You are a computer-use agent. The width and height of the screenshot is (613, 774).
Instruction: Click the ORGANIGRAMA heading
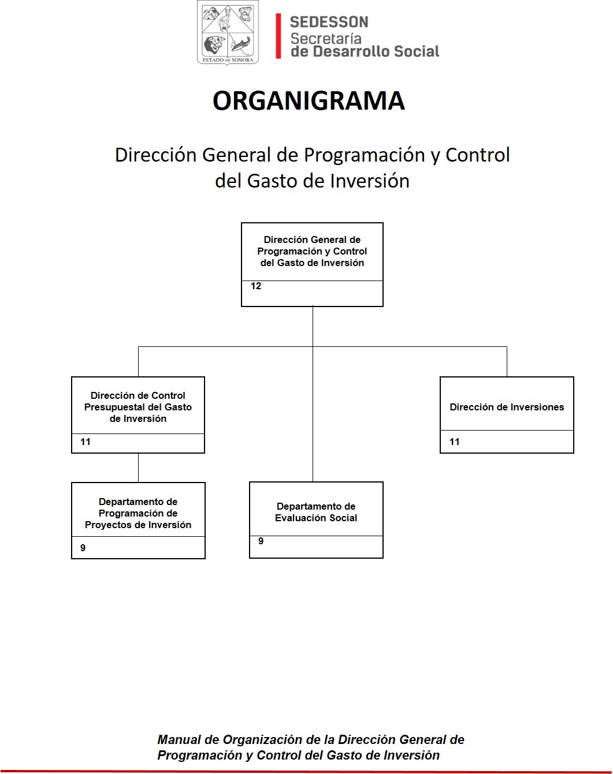(x=309, y=100)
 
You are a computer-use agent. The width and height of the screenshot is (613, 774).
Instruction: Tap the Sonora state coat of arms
(x=228, y=32)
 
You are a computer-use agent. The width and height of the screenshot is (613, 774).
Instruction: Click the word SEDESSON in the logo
(x=329, y=22)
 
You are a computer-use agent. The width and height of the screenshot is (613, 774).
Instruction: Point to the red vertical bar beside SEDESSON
(x=278, y=36)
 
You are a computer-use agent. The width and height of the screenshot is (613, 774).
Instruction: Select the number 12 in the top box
(x=256, y=286)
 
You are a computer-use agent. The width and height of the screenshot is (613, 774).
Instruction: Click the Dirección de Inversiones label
(x=507, y=407)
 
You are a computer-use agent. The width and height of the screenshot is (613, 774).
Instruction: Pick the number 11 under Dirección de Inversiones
(x=455, y=442)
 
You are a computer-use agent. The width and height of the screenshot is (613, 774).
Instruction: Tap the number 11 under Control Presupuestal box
(x=86, y=442)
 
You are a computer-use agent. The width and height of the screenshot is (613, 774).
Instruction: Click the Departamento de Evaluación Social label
(x=316, y=512)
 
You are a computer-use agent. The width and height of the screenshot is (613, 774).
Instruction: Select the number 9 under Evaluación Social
(x=261, y=541)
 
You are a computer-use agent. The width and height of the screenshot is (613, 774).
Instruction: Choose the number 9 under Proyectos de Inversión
(x=83, y=548)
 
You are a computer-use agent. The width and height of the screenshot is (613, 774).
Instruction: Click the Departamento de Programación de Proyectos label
(x=138, y=513)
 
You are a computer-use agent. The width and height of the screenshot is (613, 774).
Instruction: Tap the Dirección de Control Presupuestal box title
(x=138, y=407)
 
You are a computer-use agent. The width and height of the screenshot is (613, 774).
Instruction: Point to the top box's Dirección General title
(x=312, y=251)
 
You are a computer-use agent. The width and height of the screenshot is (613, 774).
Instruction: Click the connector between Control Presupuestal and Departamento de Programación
(x=138, y=468)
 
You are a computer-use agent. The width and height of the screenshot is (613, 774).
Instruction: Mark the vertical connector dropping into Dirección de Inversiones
(x=507, y=362)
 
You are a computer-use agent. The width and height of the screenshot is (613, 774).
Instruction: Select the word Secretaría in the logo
(x=326, y=39)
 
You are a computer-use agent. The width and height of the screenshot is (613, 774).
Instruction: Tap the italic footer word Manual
(x=179, y=739)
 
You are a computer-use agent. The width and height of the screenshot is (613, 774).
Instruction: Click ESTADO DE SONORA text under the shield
(x=228, y=60)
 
